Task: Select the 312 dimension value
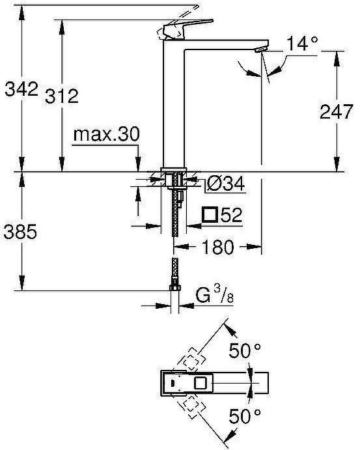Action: click(x=62, y=96)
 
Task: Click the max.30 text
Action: click(x=106, y=135)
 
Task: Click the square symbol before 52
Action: click(x=210, y=214)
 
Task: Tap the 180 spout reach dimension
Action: click(x=217, y=247)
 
